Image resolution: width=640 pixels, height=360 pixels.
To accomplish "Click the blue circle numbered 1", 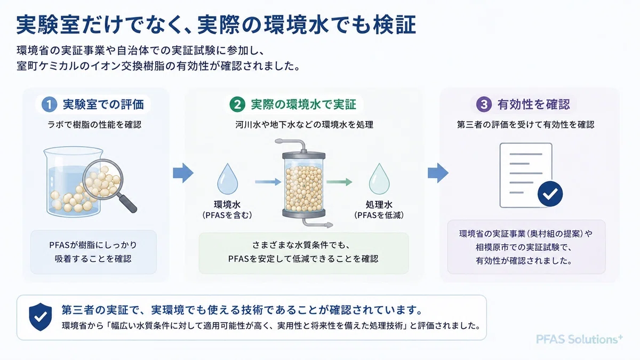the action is pyautogui.click(x=49, y=105).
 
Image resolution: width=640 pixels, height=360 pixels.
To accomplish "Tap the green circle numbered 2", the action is pyautogui.click(x=237, y=105).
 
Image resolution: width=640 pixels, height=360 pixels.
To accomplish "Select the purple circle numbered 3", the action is pyautogui.click(x=484, y=104).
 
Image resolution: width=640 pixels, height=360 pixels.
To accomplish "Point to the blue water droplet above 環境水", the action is pyautogui.click(x=227, y=179).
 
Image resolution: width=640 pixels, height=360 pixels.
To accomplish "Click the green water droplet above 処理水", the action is pyautogui.click(x=379, y=179).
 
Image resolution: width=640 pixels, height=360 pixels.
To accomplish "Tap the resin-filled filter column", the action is pyautogui.click(x=303, y=183).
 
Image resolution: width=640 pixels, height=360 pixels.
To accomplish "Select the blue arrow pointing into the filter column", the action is pyautogui.click(x=268, y=182).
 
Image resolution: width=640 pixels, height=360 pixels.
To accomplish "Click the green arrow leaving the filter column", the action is pyautogui.click(x=339, y=182).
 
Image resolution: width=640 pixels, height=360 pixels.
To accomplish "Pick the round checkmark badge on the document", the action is pyautogui.click(x=550, y=194).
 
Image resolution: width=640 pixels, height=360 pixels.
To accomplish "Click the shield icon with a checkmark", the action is pyautogui.click(x=41, y=317).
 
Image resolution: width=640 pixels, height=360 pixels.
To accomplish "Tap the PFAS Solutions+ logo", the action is pyautogui.click(x=579, y=339).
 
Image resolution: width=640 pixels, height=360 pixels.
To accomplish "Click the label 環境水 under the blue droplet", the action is pyautogui.click(x=227, y=205).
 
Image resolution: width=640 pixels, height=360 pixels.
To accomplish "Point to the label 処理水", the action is pyautogui.click(x=379, y=205).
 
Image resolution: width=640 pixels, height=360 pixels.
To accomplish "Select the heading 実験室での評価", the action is pyautogui.click(x=103, y=105).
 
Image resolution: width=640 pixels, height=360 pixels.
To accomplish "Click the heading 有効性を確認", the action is pyautogui.click(x=534, y=105).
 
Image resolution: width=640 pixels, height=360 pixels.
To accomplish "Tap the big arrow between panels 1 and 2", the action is pyautogui.click(x=183, y=173).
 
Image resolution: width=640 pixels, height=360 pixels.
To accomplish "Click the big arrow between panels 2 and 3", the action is pyautogui.click(x=438, y=173).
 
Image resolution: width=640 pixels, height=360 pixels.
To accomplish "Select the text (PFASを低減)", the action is pyautogui.click(x=379, y=215).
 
